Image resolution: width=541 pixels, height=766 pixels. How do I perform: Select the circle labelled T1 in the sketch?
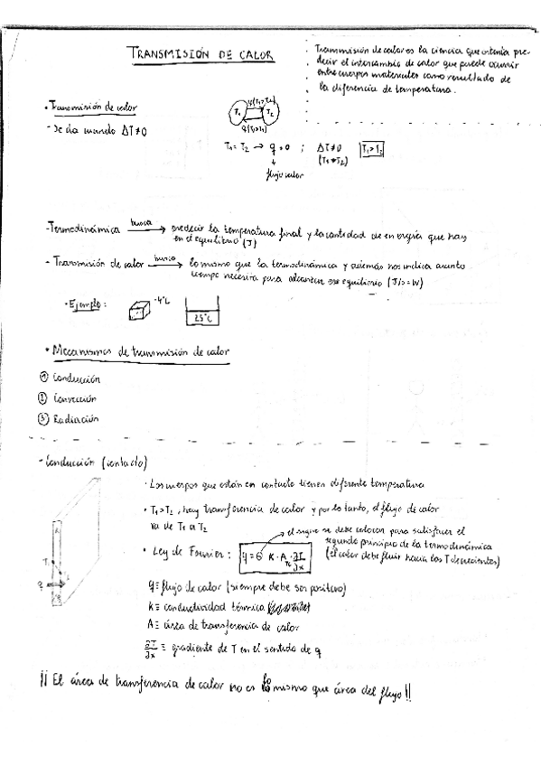point(237,113)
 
